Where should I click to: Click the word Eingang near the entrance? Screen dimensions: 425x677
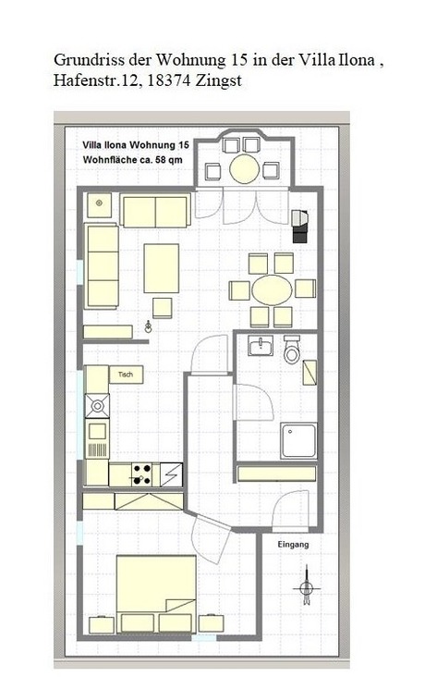(293, 545)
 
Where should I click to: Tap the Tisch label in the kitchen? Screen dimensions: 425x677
(126, 375)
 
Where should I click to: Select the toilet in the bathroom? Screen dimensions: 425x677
(292, 350)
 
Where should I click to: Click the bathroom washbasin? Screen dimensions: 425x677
(261, 345)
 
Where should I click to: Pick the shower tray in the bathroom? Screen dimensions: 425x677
(298, 440)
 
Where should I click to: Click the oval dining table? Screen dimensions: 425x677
(272, 290)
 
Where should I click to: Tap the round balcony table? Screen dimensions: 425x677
(245, 168)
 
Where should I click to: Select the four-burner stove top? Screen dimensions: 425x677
(141, 474)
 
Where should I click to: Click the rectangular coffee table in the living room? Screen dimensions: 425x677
(162, 268)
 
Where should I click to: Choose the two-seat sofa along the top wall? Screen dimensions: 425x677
(155, 211)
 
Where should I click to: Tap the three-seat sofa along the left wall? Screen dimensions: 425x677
(102, 265)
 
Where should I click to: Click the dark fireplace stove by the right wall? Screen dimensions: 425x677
(300, 226)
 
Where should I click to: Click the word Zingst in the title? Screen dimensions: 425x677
(218, 80)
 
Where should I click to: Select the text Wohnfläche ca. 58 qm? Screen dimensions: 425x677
(132, 160)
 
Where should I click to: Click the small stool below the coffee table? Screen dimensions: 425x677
(163, 308)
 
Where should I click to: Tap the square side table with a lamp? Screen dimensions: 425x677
(99, 205)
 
